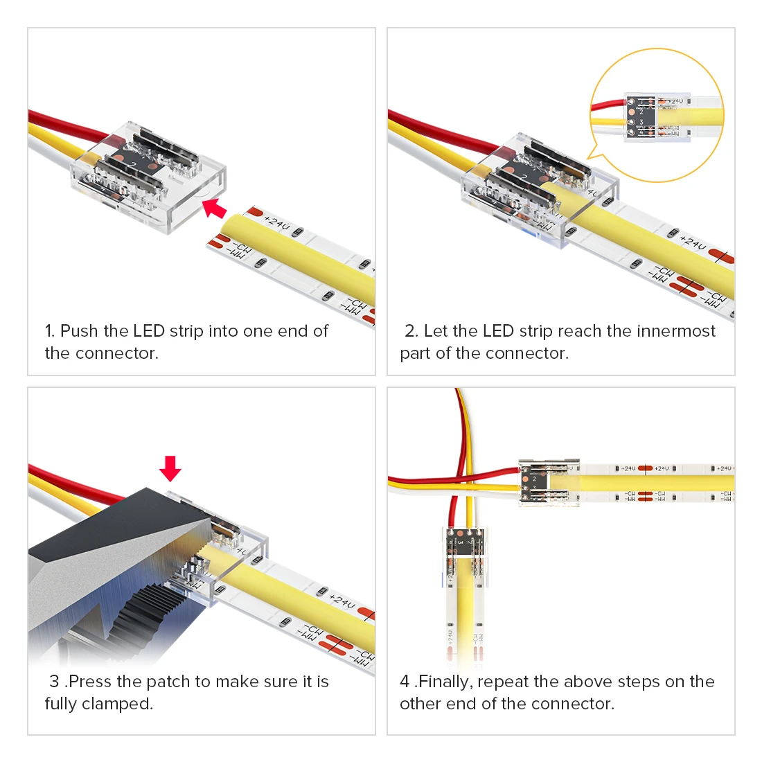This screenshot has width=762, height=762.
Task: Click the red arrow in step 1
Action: click(215, 207)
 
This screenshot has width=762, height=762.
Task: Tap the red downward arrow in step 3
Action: click(170, 468)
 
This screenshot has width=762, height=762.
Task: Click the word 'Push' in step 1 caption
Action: click(80, 331)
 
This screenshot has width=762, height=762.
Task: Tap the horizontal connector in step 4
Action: click(549, 482)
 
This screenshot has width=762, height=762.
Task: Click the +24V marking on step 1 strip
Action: click(277, 223)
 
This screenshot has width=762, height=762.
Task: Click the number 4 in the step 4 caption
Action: click(405, 682)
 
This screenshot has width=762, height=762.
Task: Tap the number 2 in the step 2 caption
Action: click(409, 331)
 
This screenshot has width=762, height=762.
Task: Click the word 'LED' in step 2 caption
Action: click(498, 331)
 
